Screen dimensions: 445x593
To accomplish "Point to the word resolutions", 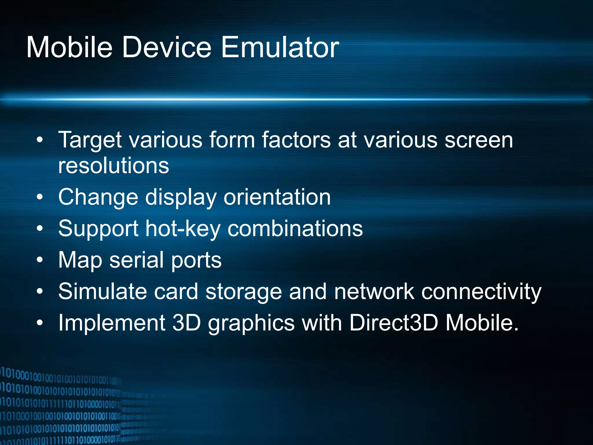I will (114, 166).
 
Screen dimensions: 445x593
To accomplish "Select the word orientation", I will (277, 197).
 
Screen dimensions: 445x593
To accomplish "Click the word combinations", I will (295, 228).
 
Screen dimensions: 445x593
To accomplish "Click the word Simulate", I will (103, 291).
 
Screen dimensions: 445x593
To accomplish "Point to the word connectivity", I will (481, 292).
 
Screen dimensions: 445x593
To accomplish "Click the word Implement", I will (111, 323).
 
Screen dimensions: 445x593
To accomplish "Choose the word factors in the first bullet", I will (296, 140).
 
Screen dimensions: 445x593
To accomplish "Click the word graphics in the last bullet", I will (251, 323).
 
